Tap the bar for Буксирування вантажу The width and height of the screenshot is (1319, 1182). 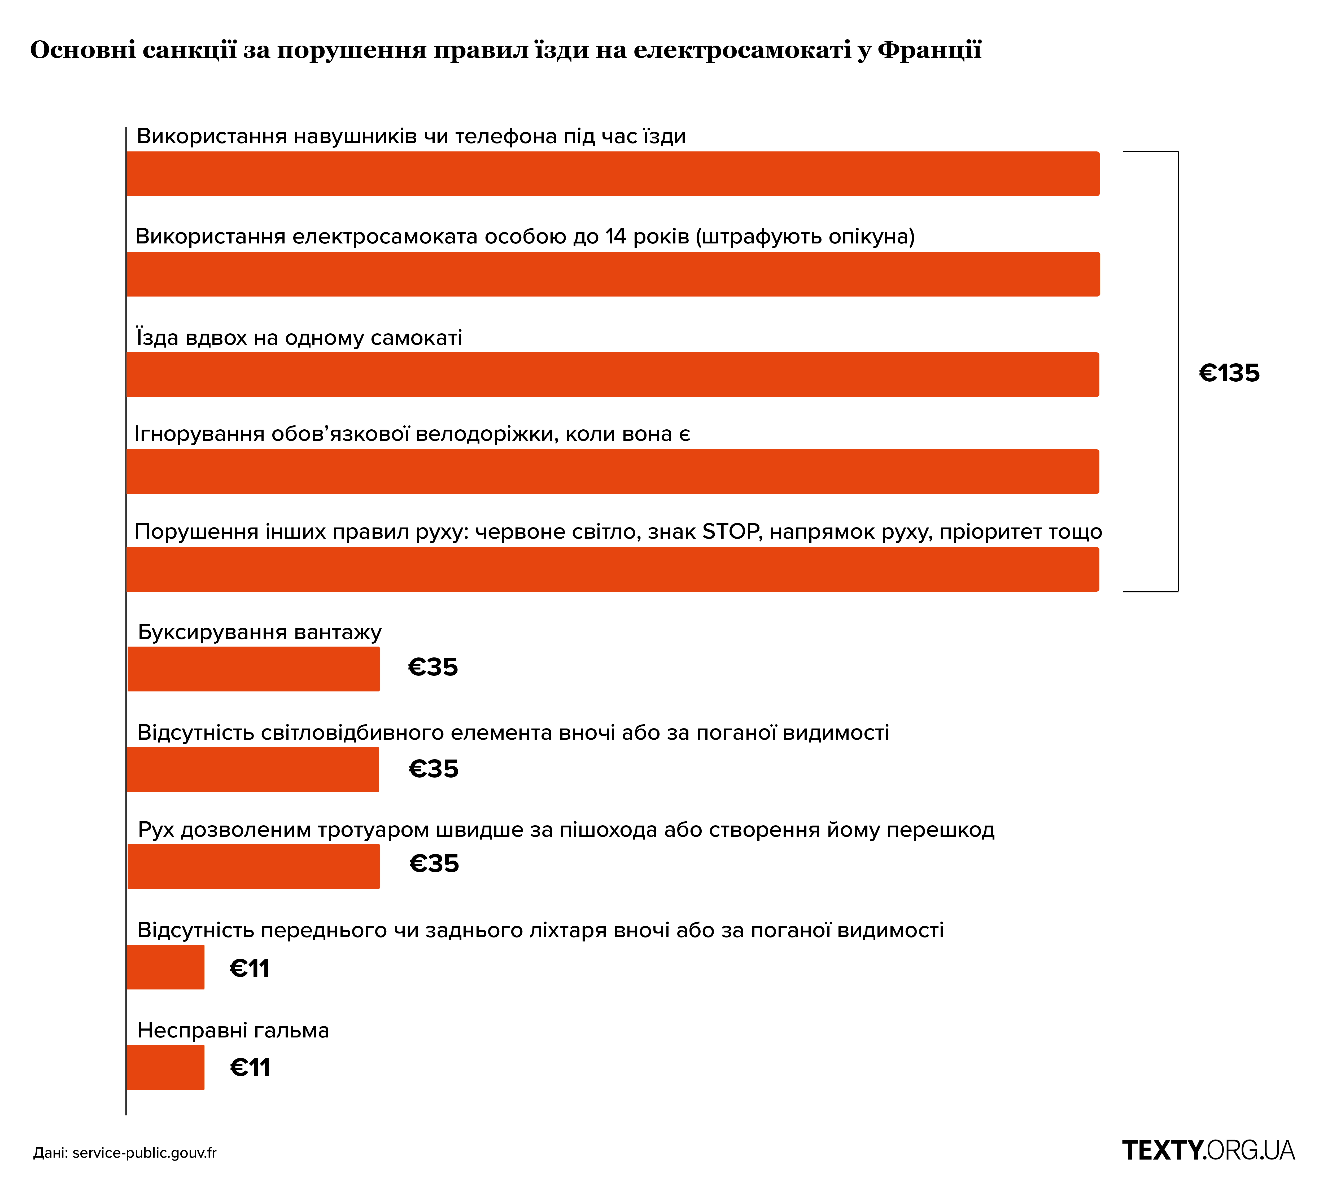click(253, 669)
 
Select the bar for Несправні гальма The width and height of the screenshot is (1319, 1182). click(166, 1067)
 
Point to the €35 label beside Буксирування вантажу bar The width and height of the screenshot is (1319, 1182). click(433, 667)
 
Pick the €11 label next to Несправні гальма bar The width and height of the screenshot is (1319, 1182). click(250, 1068)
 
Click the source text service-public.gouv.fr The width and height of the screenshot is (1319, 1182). click(144, 1153)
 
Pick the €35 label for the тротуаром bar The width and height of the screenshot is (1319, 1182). click(434, 864)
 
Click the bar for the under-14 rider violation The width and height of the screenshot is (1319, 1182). click(613, 274)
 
